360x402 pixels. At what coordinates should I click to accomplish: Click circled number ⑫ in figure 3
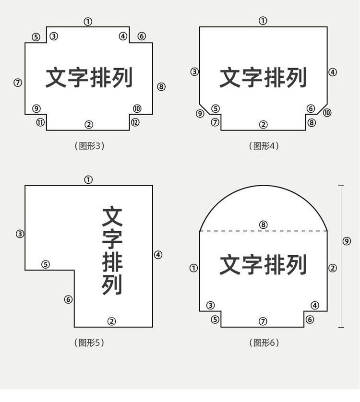[x=135, y=122]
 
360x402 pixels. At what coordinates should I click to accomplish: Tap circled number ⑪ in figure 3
[x=40, y=122]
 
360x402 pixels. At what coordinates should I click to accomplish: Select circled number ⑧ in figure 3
[x=161, y=87]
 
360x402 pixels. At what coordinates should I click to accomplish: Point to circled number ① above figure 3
[x=88, y=21]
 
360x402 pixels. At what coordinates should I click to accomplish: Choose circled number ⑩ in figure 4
[x=327, y=113]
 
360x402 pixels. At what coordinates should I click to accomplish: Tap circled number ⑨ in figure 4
[x=201, y=114]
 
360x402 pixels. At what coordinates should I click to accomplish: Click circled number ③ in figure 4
[x=194, y=72]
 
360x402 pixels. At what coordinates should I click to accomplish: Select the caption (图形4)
[x=264, y=146]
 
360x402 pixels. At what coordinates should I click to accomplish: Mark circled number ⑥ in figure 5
[x=68, y=299]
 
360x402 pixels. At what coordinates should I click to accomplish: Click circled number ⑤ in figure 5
[x=46, y=264]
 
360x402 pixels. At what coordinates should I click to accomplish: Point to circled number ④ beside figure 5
[x=158, y=255]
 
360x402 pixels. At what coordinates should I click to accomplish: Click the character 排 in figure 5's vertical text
[x=112, y=261]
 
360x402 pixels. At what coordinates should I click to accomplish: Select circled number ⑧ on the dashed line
[x=263, y=225]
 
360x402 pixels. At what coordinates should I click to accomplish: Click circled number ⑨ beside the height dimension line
[x=347, y=241]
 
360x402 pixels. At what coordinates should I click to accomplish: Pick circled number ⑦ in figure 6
[x=263, y=321]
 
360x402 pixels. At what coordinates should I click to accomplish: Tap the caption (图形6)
[x=264, y=343]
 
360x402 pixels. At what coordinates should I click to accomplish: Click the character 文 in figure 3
[x=56, y=78]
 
